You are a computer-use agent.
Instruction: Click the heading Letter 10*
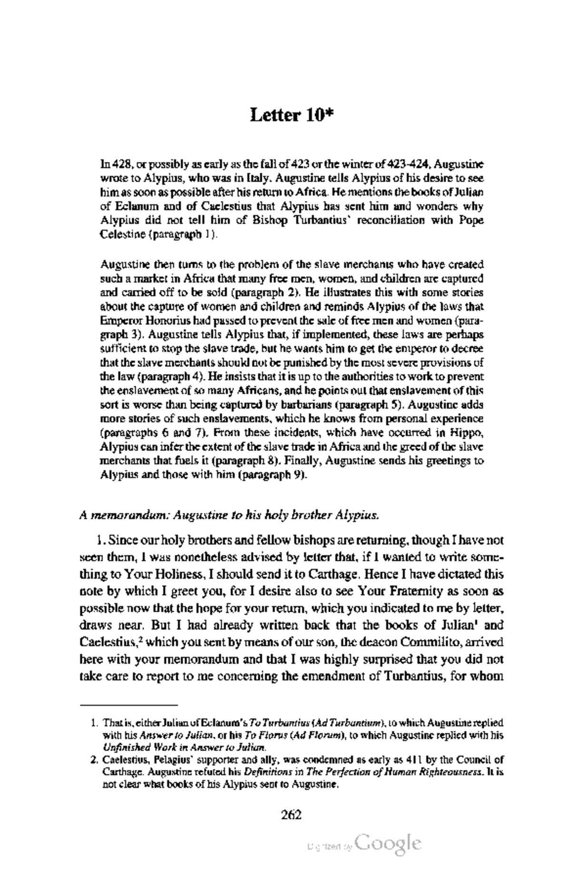[290, 115]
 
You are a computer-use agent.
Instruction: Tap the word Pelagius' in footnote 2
[176, 759]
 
